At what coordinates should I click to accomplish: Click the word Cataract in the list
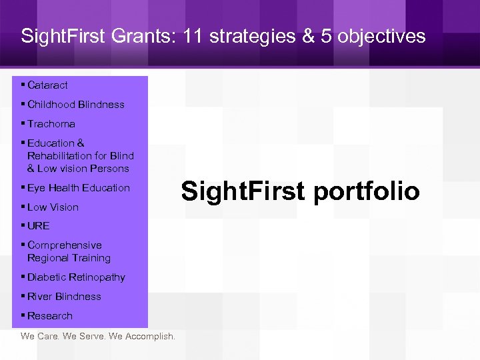[47, 85]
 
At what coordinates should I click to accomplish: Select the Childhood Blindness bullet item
[75, 105]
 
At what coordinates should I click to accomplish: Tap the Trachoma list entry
[51, 124]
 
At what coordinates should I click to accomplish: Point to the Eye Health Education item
[78, 188]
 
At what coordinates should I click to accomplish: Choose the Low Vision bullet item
[53, 207]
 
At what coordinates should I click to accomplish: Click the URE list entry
[38, 226]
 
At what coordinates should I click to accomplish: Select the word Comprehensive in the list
[64, 245]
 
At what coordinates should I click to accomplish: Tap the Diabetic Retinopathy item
[76, 277]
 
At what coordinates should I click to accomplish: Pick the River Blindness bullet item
[64, 297]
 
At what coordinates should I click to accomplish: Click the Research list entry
[50, 316]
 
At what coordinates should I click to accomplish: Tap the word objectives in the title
[381, 36]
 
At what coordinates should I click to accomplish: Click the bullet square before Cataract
[23, 85]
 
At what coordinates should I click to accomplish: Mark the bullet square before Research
[23, 315]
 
